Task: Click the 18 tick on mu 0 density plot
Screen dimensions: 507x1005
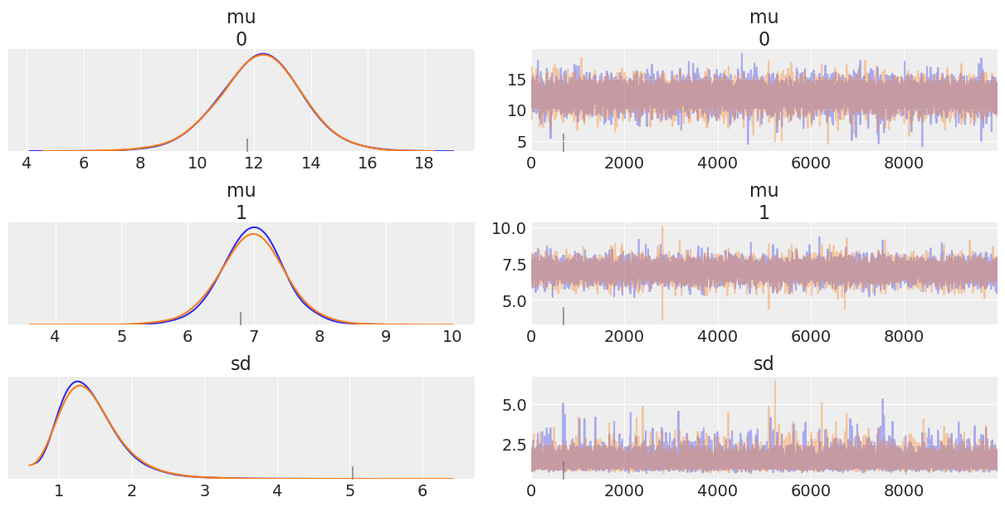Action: [x=424, y=163]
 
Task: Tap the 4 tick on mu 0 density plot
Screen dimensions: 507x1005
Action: [x=27, y=163]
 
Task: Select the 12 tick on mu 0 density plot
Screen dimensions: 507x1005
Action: [x=254, y=163]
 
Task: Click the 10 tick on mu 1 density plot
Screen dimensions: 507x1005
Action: [x=452, y=336]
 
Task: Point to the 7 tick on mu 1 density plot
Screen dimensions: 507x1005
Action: [x=254, y=336]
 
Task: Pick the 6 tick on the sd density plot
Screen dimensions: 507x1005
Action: [x=422, y=490]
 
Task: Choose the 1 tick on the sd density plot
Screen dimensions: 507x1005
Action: [x=58, y=490]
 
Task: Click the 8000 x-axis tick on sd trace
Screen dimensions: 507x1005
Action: [x=904, y=490]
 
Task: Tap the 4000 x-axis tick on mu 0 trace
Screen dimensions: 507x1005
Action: [x=718, y=163]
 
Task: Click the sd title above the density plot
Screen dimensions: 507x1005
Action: [x=241, y=364]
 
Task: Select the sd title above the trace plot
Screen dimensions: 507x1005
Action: [x=764, y=364]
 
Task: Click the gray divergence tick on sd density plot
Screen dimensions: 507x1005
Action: [x=352, y=472]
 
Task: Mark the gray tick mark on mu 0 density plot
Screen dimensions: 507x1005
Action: [x=246, y=144]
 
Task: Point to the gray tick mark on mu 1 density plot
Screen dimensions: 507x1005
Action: [x=241, y=318]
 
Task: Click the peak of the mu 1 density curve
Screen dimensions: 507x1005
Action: [x=254, y=228]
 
